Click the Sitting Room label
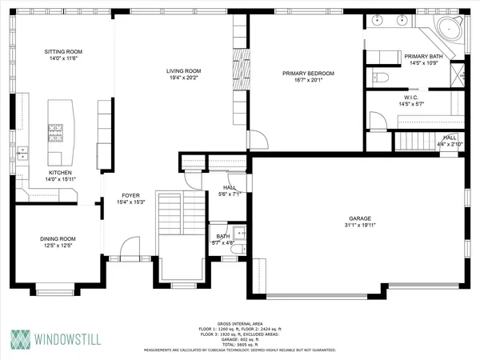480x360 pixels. [63, 52]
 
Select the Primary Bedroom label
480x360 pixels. [307, 73]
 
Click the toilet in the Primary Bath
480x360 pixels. [381, 78]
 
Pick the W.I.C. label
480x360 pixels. [412, 97]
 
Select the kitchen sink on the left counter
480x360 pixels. [23, 150]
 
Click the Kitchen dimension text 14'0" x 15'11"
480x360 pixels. [61, 178]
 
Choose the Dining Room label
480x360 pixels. [58, 238]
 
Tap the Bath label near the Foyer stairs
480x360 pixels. [223, 235]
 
